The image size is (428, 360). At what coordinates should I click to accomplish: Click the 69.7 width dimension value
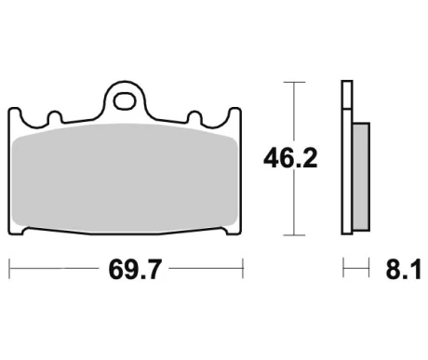[135, 270]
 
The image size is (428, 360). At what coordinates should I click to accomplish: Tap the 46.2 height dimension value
[290, 158]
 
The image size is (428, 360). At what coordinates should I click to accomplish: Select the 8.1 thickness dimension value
[404, 270]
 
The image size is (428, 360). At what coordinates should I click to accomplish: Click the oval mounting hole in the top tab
[125, 101]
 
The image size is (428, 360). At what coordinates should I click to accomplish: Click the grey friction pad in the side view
[361, 177]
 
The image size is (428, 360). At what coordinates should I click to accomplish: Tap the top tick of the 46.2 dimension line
[294, 82]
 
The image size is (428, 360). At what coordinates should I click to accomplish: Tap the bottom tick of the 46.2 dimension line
[294, 235]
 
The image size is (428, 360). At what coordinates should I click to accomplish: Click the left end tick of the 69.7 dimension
[9, 269]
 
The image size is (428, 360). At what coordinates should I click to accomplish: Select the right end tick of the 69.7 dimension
[243, 269]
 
